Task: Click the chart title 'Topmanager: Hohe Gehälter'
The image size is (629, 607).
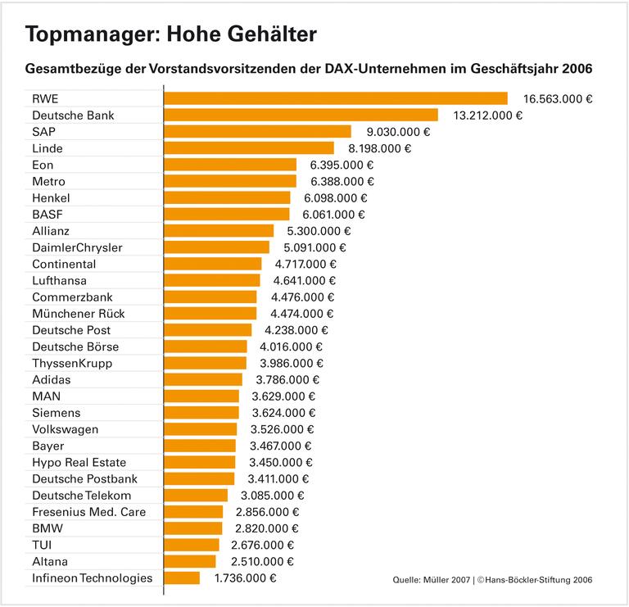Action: click(170, 34)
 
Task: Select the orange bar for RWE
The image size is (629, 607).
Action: click(336, 98)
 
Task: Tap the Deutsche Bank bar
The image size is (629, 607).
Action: click(301, 115)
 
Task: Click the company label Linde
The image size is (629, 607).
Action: click(48, 148)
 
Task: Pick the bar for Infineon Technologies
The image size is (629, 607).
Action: click(182, 578)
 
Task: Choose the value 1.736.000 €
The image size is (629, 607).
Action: click(245, 578)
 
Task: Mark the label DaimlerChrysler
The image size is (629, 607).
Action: click(77, 247)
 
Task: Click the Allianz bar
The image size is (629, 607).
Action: click(219, 231)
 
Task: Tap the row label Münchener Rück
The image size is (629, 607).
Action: click(79, 314)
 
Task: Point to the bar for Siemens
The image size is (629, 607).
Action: click(201, 413)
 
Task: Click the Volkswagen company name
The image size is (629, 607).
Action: click(65, 429)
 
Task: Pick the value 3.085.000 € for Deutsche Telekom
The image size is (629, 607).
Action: click(273, 496)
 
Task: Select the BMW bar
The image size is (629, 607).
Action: click(193, 528)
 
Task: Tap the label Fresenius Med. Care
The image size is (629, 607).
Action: click(88, 512)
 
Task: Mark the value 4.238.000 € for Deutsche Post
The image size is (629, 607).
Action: click(296, 330)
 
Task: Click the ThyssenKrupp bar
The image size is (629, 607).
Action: click(206, 363)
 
